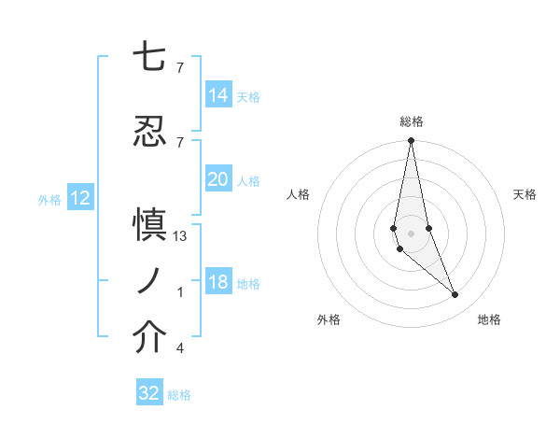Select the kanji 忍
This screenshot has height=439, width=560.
[149, 131]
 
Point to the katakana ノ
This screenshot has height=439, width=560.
[149, 281]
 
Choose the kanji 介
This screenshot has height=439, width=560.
[149, 338]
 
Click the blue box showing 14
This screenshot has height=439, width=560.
[218, 95]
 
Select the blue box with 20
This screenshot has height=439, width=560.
[218, 179]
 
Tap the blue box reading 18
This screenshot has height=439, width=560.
[218, 283]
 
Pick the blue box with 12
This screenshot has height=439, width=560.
[80, 198]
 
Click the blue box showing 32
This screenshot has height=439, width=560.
[149, 393]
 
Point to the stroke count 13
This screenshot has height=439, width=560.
[180, 236]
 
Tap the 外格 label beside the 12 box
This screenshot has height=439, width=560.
[49, 199]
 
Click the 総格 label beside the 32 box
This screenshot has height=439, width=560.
[179, 395]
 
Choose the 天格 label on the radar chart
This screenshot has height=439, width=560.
[525, 194]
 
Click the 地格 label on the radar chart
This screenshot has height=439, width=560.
[489, 319]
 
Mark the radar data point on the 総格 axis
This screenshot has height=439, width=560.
[411, 141]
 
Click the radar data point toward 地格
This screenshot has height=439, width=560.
[455, 295]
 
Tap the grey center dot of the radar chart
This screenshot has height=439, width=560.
[411, 233]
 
